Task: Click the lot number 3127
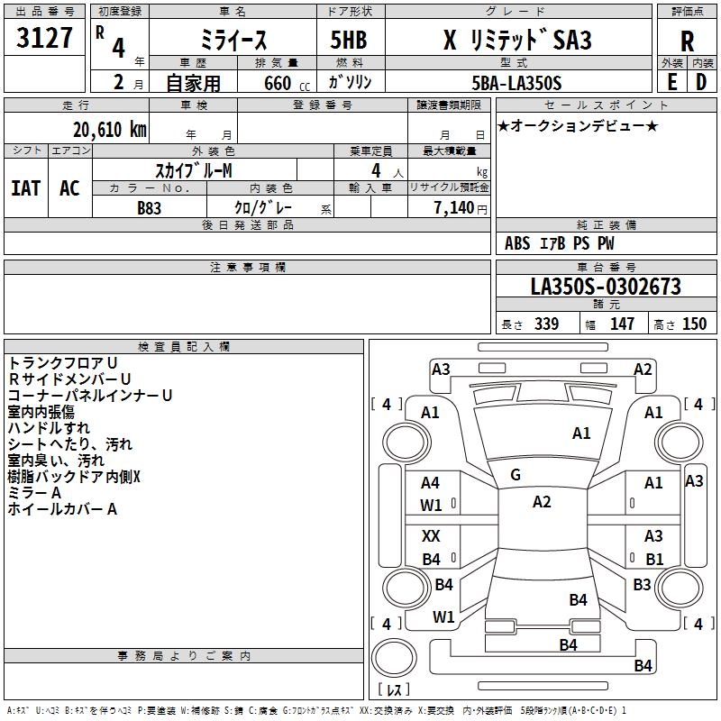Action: (44, 38)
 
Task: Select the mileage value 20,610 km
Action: (110, 130)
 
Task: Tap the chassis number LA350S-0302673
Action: (606, 287)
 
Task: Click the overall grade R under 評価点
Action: (687, 41)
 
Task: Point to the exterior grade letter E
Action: (672, 82)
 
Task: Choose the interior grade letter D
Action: (701, 82)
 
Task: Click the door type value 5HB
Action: (349, 40)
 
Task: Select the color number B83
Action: (149, 208)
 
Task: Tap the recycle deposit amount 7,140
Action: (454, 208)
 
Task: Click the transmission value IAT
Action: (26, 188)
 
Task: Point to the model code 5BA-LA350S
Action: (516, 83)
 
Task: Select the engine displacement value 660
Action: (278, 83)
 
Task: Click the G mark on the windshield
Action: (516, 475)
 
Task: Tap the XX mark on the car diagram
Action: (431, 535)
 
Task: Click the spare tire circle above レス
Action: (394, 658)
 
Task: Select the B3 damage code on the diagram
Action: (642, 584)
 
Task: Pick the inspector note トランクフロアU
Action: (62, 363)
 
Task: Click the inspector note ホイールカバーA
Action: (62, 509)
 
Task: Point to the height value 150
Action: (694, 324)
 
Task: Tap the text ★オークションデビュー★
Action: (578, 125)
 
